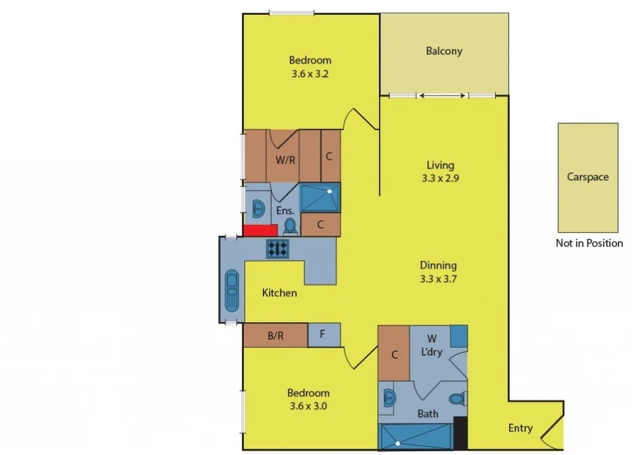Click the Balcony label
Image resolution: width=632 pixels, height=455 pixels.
[x=444, y=51]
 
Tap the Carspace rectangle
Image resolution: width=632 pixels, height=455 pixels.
[x=588, y=177]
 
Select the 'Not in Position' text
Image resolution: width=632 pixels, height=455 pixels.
[x=589, y=243]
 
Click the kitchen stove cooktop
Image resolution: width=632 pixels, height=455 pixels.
[x=278, y=248]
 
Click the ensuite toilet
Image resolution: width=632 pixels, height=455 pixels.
[x=291, y=226]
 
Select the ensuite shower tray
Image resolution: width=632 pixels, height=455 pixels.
[x=320, y=197]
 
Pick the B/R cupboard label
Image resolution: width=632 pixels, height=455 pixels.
[x=275, y=336]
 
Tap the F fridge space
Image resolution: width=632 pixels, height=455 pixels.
[x=323, y=335]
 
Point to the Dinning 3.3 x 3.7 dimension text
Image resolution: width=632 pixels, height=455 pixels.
[x=438, y=279]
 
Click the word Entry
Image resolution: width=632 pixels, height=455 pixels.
[x=520, y=428]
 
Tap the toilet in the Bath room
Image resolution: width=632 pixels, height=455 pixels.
[x=457, y=399]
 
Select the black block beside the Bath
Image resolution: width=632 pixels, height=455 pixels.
[x=460, y=433]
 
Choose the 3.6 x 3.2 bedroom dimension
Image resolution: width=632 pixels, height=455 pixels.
[x=310, y=73]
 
